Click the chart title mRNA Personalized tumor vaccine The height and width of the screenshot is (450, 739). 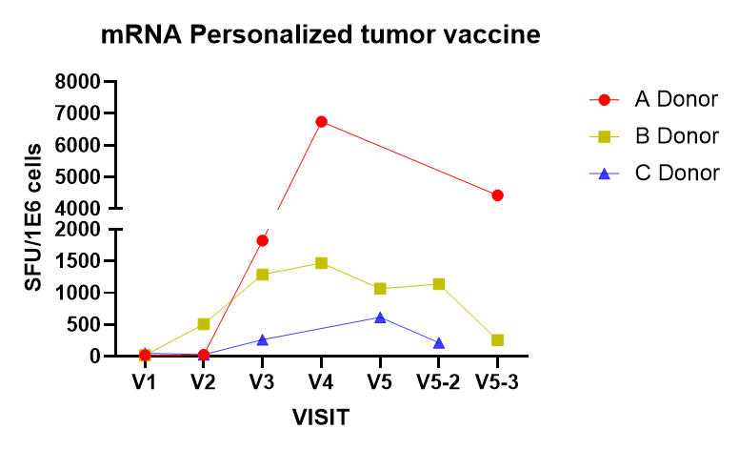[x=322, y=36]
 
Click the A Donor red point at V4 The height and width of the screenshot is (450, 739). [x=321, y=122]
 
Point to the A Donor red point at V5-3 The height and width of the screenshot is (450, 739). [x=497, y=195]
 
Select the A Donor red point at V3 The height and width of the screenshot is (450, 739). [x=262, y=240]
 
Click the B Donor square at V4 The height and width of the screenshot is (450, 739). [x=321, y=263]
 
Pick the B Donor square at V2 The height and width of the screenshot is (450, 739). [x=204, y=324]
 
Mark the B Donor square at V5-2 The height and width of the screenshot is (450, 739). [x=438, y=284]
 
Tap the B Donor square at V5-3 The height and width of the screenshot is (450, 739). [x=497, y=340]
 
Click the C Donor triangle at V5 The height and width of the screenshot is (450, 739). [x=380, y=317]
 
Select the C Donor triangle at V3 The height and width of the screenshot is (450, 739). [x=262, y=339]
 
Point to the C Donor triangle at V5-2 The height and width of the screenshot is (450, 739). [x=438, y=343]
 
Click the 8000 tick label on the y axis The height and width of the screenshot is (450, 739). [x=80, y=82]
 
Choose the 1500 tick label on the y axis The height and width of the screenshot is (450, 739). [x=80, y=261]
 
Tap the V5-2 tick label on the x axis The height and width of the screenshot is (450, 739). [x=438, y=381]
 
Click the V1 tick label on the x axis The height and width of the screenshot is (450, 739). [x=145, y=381]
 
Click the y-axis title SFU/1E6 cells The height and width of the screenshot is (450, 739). [x=33, y=219]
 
